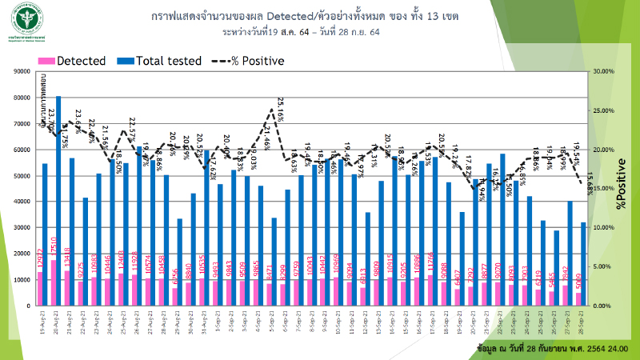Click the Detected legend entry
coord(78,60)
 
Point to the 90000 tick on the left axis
coord(20,72)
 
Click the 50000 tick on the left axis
coord(20,176)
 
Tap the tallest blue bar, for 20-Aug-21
coord(58,200)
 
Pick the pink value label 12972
coord(40,282)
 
